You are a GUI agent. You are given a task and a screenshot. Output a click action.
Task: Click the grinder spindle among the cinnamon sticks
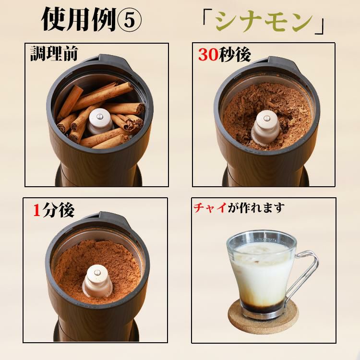[100, 120]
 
